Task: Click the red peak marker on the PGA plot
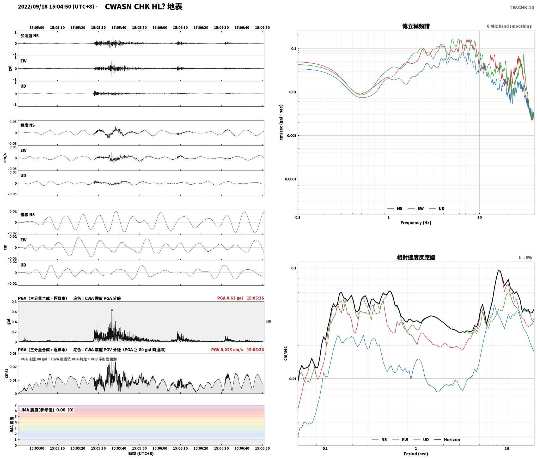(112, 310)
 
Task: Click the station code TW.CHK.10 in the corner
(522, 8)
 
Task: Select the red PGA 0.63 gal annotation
(230, 298)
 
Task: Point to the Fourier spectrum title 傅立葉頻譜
(416, 26)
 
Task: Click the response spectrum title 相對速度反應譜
(416, 257)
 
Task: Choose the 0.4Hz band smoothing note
(509, 26)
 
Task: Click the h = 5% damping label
(525, 258)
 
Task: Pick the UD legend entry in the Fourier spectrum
(437, 209)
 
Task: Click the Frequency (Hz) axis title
(416, 223)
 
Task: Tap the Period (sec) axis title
(416, 454)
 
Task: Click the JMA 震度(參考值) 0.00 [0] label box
(47, 410)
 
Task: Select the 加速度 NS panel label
(29, 36)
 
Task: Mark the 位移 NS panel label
(28, 215)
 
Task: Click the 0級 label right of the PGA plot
(268, 322)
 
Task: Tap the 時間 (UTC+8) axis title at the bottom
(141, 454)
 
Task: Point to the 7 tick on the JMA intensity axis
(16, 405)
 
